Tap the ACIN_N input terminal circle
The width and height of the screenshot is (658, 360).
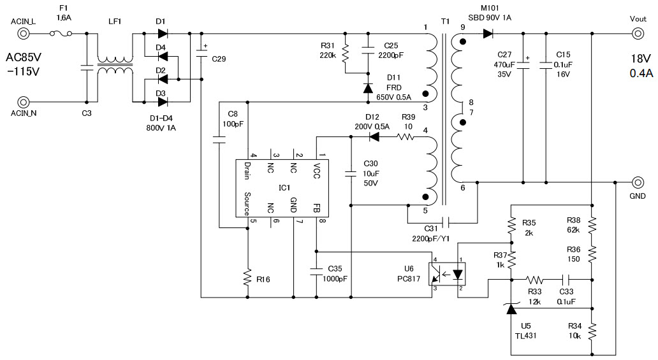click(23, 102)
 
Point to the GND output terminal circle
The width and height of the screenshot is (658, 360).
click(638, 182)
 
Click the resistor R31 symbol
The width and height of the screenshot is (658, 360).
click(345, 54)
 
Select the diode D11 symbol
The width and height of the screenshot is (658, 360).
click(368, 88)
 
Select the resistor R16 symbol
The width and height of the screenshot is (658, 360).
click(248, 277)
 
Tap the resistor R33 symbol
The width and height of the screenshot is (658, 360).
click(534, 279)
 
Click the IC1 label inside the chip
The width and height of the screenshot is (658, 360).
click(284, 188)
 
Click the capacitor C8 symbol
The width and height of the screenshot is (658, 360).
click(219, 143)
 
